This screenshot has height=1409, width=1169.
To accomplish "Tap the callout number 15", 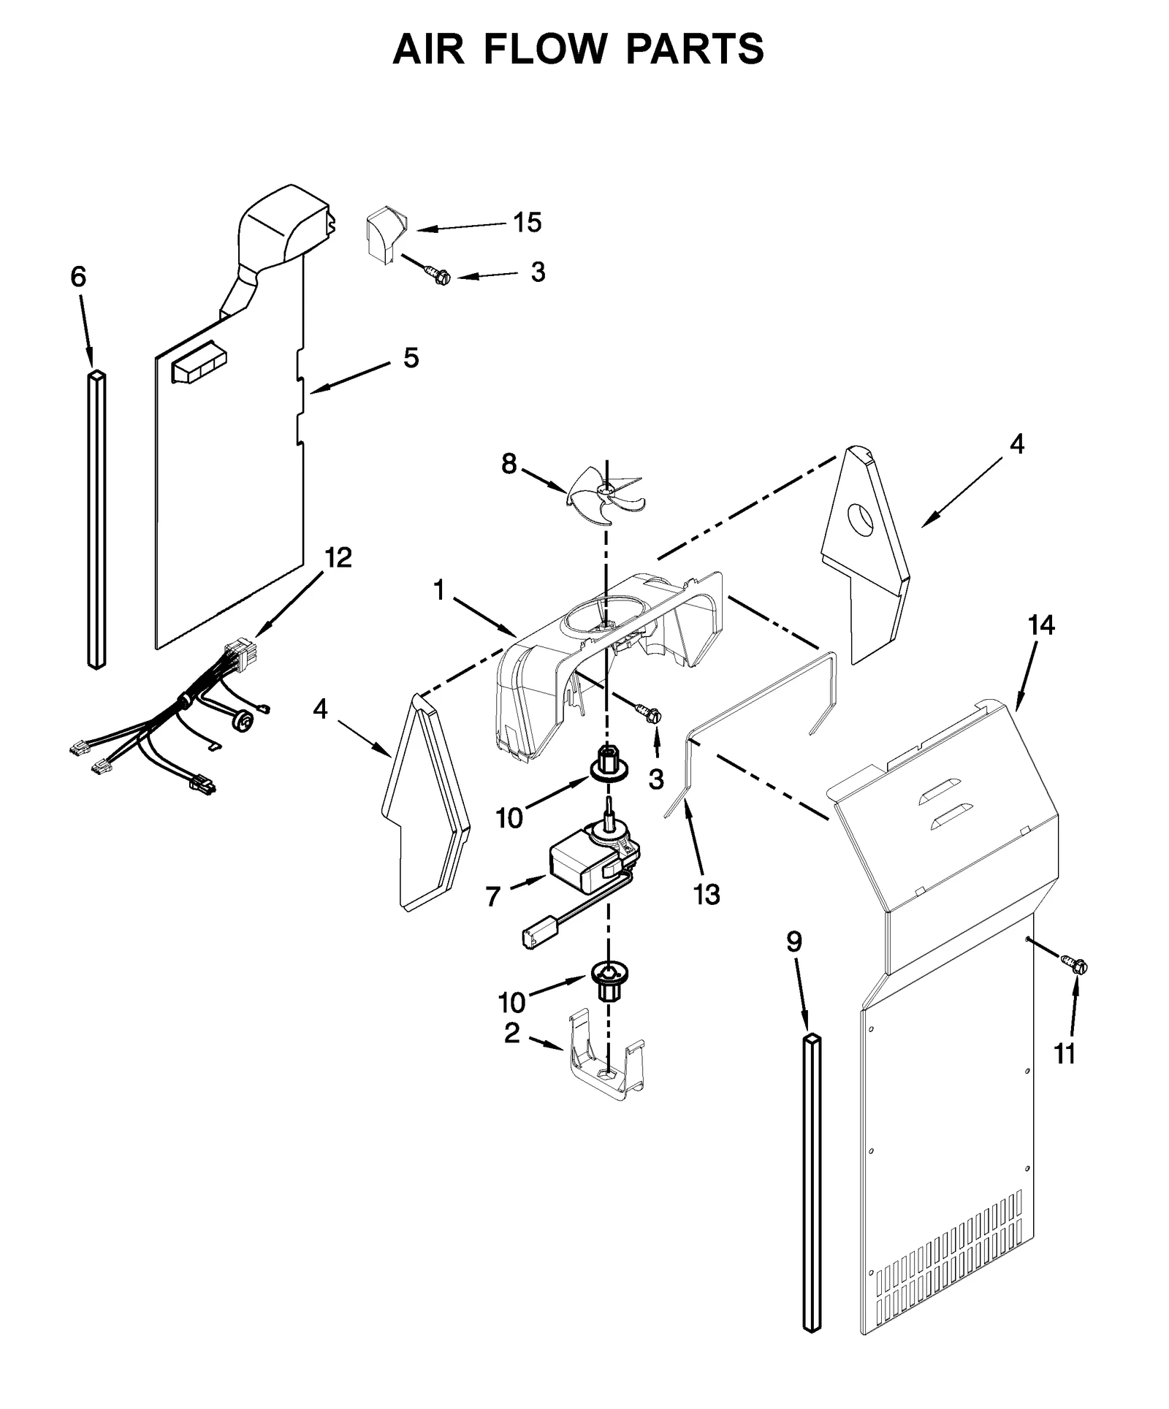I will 526,222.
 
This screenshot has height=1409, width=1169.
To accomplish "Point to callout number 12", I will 338,558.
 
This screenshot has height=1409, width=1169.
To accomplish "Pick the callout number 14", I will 1041,625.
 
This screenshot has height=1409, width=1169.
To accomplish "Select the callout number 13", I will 707,894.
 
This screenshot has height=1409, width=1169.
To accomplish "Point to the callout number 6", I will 78,277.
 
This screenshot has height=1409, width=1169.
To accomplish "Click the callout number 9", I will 793,942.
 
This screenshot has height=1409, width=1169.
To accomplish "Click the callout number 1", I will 438,590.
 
